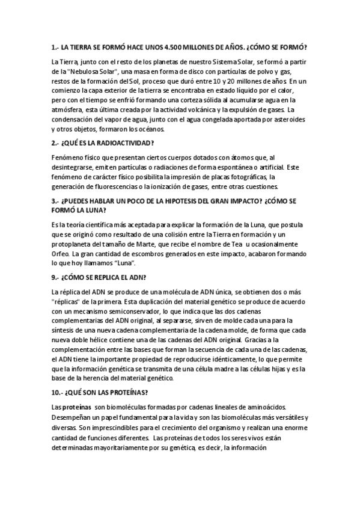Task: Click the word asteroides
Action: (x=285, y=119)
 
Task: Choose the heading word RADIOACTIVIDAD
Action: (x=123, y=143)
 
